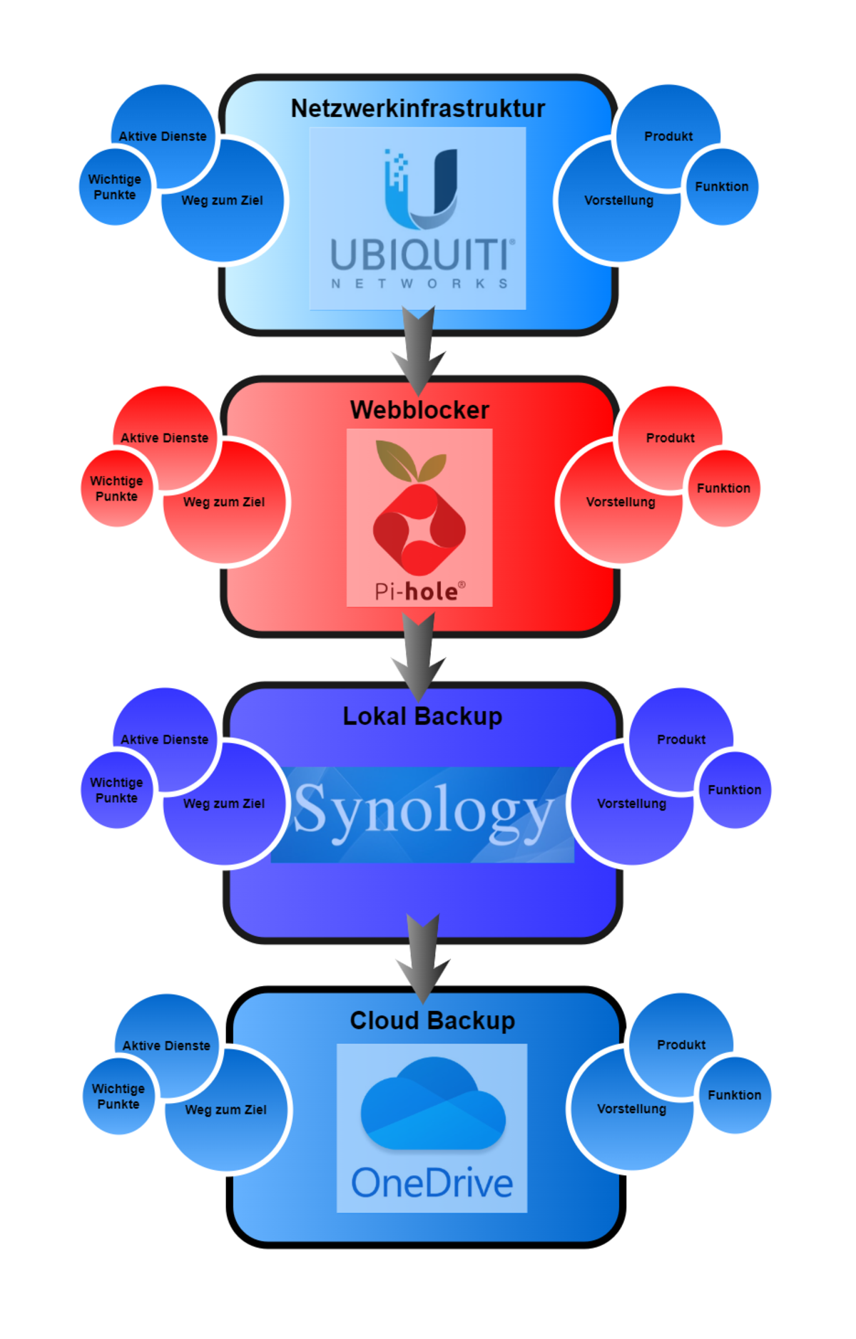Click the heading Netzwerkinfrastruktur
coord(417,108)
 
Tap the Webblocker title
coord(419,410)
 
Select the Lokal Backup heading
coord(422,716)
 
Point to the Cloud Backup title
coord(432,1020)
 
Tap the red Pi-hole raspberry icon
coord(419,528)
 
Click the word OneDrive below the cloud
coord(432,1183)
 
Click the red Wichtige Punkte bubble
coord(116,489)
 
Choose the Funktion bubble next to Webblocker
coord(724,488)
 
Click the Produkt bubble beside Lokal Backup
coord(681,739)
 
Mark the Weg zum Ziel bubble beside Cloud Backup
coord(226,1110)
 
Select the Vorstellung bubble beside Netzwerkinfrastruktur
coord(618,201)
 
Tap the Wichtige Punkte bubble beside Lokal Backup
coord(116,790)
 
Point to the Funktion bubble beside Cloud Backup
coord(735,1095)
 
